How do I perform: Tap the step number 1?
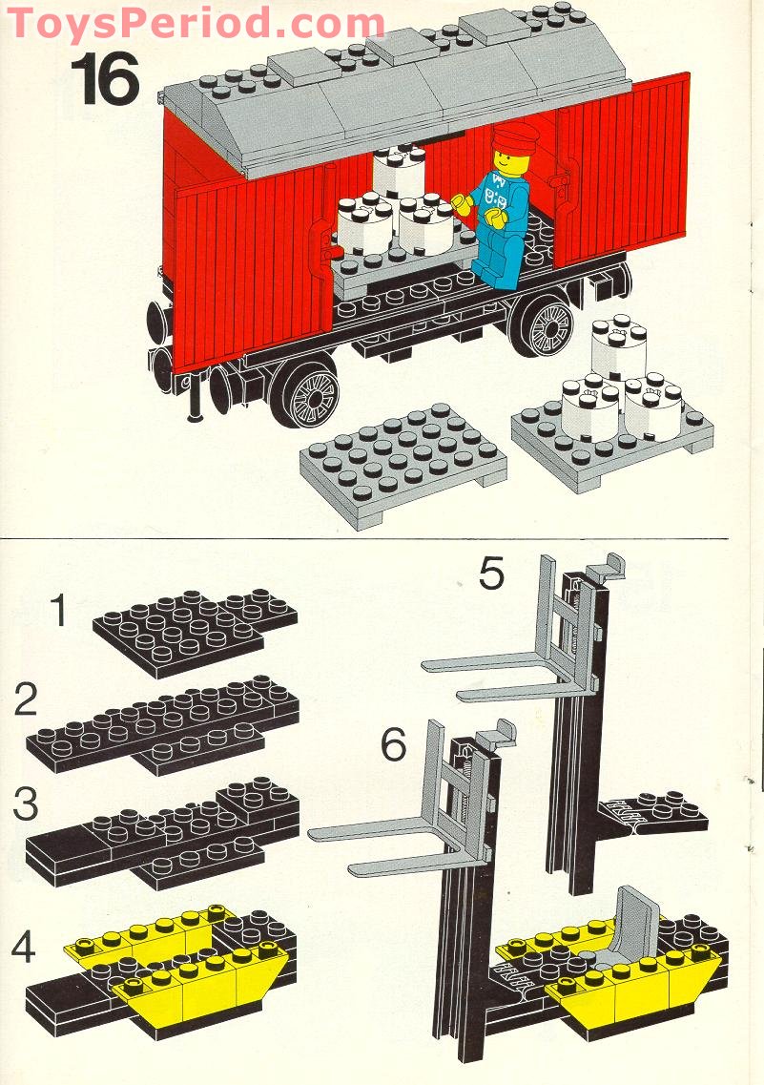(60, 612)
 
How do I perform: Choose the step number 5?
(491, 574)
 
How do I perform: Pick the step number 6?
(394, 744)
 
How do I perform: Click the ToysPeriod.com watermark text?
(196, 22)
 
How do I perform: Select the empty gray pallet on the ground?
(403, 464)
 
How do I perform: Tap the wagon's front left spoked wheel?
(305, 390)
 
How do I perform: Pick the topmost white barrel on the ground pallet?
(619, 344)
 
